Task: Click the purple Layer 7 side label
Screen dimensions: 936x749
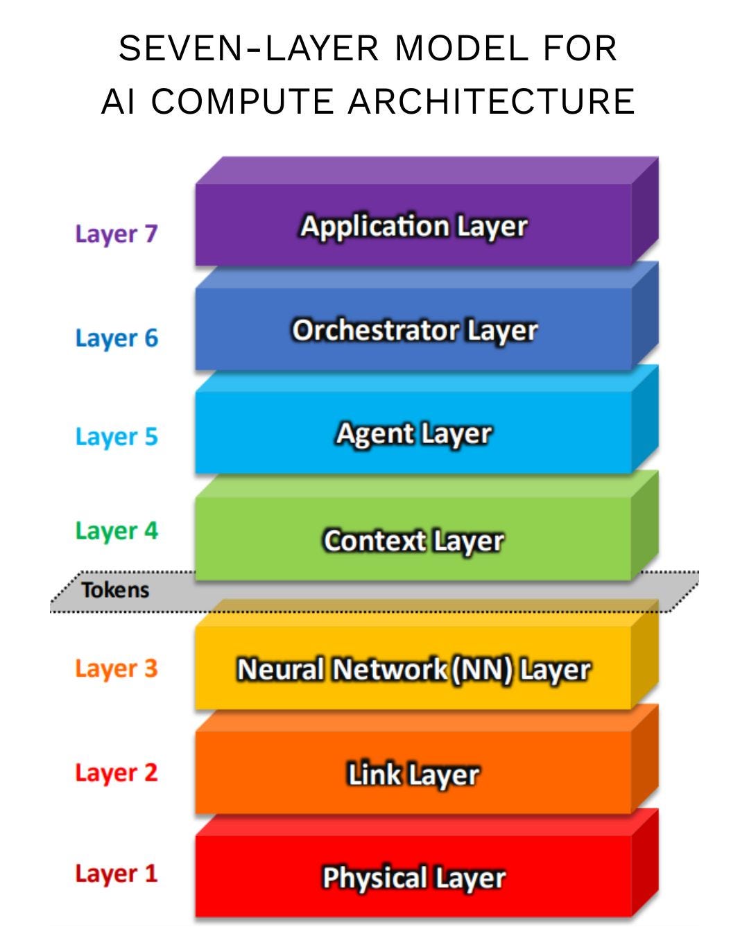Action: pyautogui.click(x=117, y=234)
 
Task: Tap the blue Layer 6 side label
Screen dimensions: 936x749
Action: pyautogui.click(x=117, y=338)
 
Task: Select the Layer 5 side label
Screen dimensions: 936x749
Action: pyautogui.click(x=117, y=437)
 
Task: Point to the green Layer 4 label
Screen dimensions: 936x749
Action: pyautogui.click(x=117, y=531)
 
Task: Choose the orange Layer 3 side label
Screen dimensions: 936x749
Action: pyautogui.click(x=117, y=668)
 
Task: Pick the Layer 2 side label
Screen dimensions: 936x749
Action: pyautogui.click(x=117, y=772)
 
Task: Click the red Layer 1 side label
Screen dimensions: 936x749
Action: pyautogui.click(x=117, y=874)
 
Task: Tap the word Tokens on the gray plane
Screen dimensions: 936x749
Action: pyautogui.click(x=115, y=590)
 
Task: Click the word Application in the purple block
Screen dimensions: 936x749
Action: pyautogui.click(x=374, y=227)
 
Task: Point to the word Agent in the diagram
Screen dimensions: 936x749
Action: pyautogui.click(x=374, y=434)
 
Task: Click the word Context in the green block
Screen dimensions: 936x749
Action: pyautogui.click(x=374, y=541)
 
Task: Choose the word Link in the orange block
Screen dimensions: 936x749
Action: pyautogui.click(x=374, y=774)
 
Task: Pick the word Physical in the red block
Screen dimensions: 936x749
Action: pyautogui.click(x=374, y=878)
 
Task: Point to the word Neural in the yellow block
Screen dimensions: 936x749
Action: pyautogui.click(x=280, y=670)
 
